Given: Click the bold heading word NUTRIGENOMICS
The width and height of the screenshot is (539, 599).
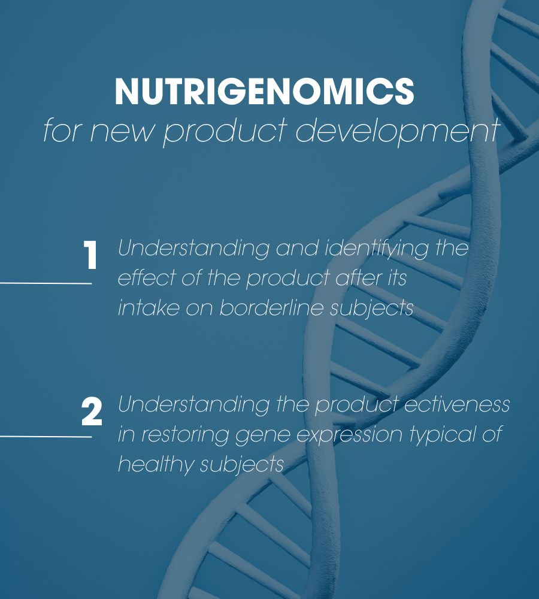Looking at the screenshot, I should [264, 92].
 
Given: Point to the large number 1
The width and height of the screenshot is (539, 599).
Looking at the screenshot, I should [90, 256].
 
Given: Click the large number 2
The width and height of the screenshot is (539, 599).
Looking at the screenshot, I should [92, 413].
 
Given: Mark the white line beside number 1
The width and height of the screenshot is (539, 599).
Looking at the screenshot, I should [46, 283].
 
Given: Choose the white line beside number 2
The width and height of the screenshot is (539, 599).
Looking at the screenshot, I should [46, 436].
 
